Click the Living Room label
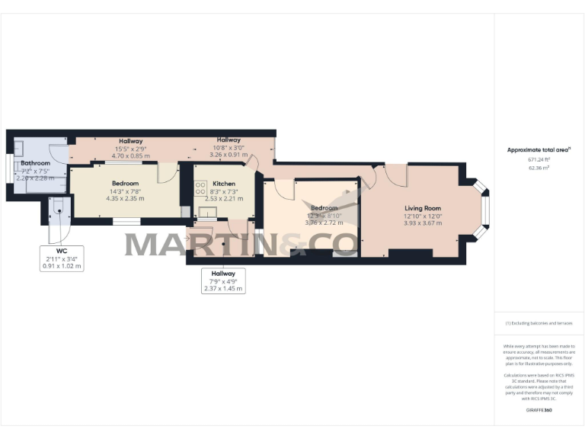(x=422, y=208)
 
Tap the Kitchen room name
(x=224, y=184)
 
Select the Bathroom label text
(x=35, y=164)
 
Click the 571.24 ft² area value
(x=539, y=160)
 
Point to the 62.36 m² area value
(x=539, y=168)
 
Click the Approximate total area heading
(x=539, y=150)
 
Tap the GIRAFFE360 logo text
(x=539, y=411)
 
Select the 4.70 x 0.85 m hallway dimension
(x=126, y=155)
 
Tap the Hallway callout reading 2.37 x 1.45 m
(x=223, y=280)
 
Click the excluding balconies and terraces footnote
(x=539, y=323)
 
